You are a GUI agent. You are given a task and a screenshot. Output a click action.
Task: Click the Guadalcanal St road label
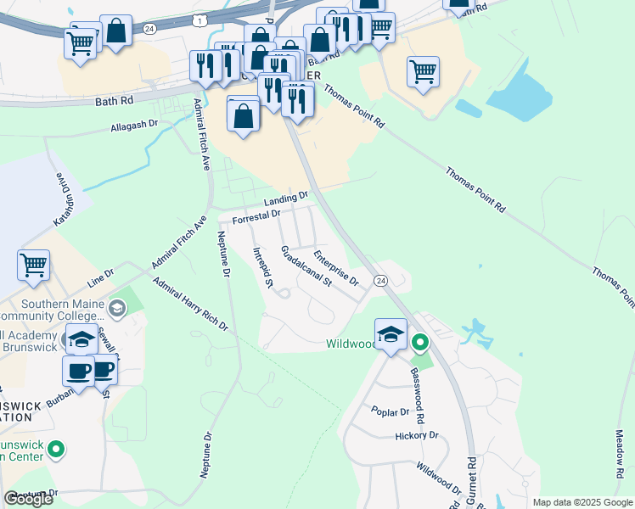pyautogui.click(x=306, y=267)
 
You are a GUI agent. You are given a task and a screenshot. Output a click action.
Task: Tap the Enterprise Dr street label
pyautogui.click(x=336, y=266)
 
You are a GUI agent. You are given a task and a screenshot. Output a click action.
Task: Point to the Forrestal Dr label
pyautogui.click(x=256, y=216)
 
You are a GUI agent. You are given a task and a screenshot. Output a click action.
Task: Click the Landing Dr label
pyautogui.click(x=285, y=199)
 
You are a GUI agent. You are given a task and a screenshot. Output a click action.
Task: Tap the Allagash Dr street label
pyautogui.click(x=134, y=126)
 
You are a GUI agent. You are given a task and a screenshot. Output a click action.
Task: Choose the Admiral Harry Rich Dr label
pyautogui.click(x=190, y=305)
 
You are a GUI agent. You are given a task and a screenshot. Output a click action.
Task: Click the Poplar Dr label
pyautogui.click(x=391, y=411)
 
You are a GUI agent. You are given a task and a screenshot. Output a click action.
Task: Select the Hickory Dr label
pyautogui.click(x=416, y=435)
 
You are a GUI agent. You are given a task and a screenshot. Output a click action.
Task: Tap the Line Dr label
pyautogui.click(x=100, y=276)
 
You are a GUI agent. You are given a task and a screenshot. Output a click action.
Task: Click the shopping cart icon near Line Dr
pyautogui.click(x=34, y=264)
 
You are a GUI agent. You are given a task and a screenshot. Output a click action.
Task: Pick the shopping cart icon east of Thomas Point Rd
pyautogui.click(x=423, y=70)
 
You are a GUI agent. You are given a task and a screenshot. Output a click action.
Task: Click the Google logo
pyautogui.click(x=28, y=499)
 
